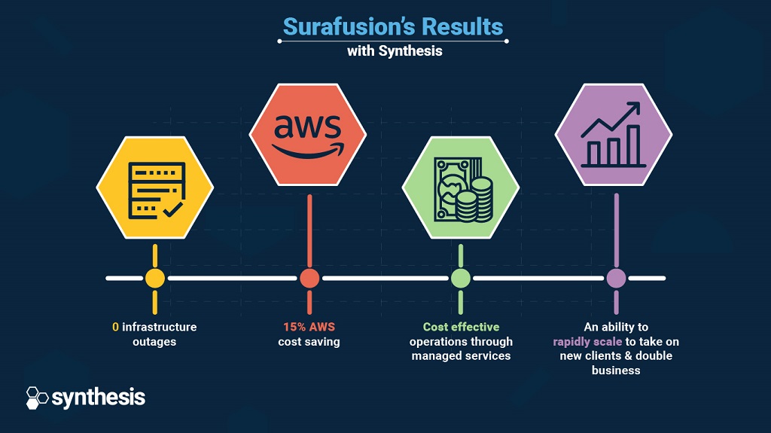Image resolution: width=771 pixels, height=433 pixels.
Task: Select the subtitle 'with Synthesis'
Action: click(395, 51)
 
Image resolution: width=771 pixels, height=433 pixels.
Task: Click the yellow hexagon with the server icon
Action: click(155, 188)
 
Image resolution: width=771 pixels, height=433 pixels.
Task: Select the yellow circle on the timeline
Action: click(155, 279)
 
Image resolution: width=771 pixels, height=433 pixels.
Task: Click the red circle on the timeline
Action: click(309, 279)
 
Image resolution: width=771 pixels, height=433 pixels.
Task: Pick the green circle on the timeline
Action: click(461, 279)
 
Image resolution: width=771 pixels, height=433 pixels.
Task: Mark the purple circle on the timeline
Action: click(616, 279)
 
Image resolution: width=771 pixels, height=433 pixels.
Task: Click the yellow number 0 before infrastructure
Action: click(115, 328)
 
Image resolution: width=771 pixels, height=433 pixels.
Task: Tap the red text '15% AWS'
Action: click(309, 328)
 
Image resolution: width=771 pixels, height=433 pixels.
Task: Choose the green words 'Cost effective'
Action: click(462, 328)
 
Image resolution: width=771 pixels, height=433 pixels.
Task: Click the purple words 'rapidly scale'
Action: click(587, 342)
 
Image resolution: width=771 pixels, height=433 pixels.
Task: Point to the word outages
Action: click(154, 342)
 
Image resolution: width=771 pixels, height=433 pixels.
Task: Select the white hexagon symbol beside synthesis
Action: click(37, 398)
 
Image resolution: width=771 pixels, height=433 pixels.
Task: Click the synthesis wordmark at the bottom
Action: click(99, 398)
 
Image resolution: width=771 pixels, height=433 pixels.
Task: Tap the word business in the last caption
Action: click(616, 370)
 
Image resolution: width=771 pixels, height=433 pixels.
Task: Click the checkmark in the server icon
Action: click(172, 210)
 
